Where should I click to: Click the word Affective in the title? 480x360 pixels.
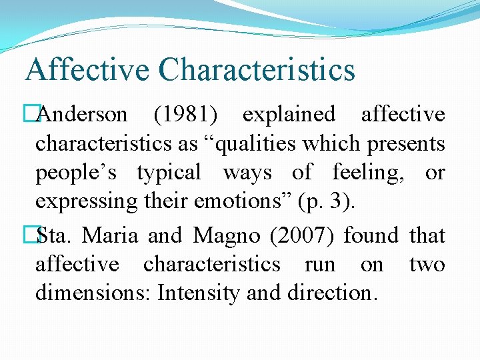coord(87,70)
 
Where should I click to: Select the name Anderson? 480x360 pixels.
coord(83,115)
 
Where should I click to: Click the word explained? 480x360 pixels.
coord(289,115)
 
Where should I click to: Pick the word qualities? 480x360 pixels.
coord(259,143)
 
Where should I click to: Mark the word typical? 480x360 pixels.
coord(169,173)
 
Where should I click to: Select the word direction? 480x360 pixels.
coord(337,293)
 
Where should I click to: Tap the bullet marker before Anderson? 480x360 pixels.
coord(28,115)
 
